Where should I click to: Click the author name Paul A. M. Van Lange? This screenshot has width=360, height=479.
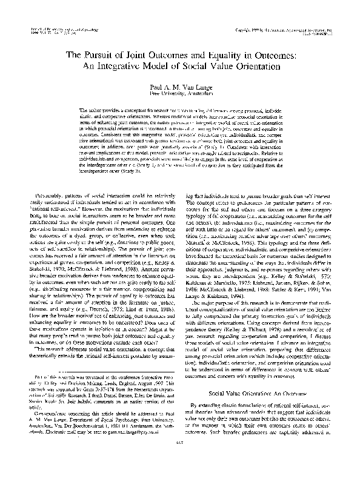pos(180,87)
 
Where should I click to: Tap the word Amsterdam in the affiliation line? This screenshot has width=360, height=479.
pos(195,94)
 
